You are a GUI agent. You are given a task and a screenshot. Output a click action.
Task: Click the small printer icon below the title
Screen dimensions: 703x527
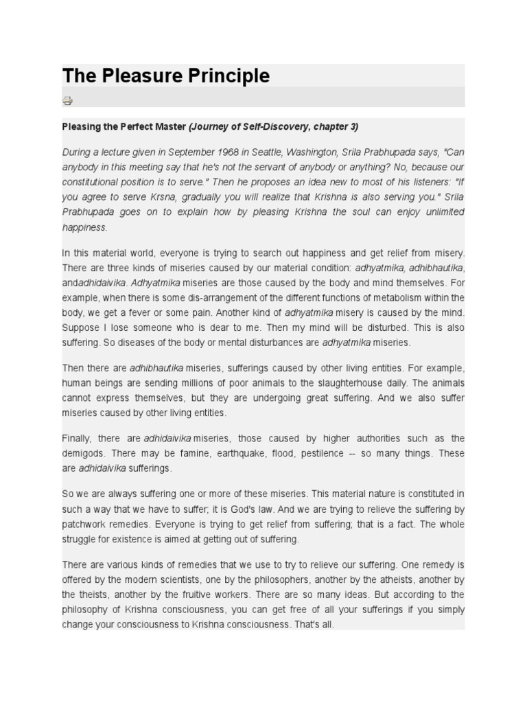click(67, 101)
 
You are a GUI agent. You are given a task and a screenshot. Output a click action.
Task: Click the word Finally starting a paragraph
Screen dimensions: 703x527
click(76, 438)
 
